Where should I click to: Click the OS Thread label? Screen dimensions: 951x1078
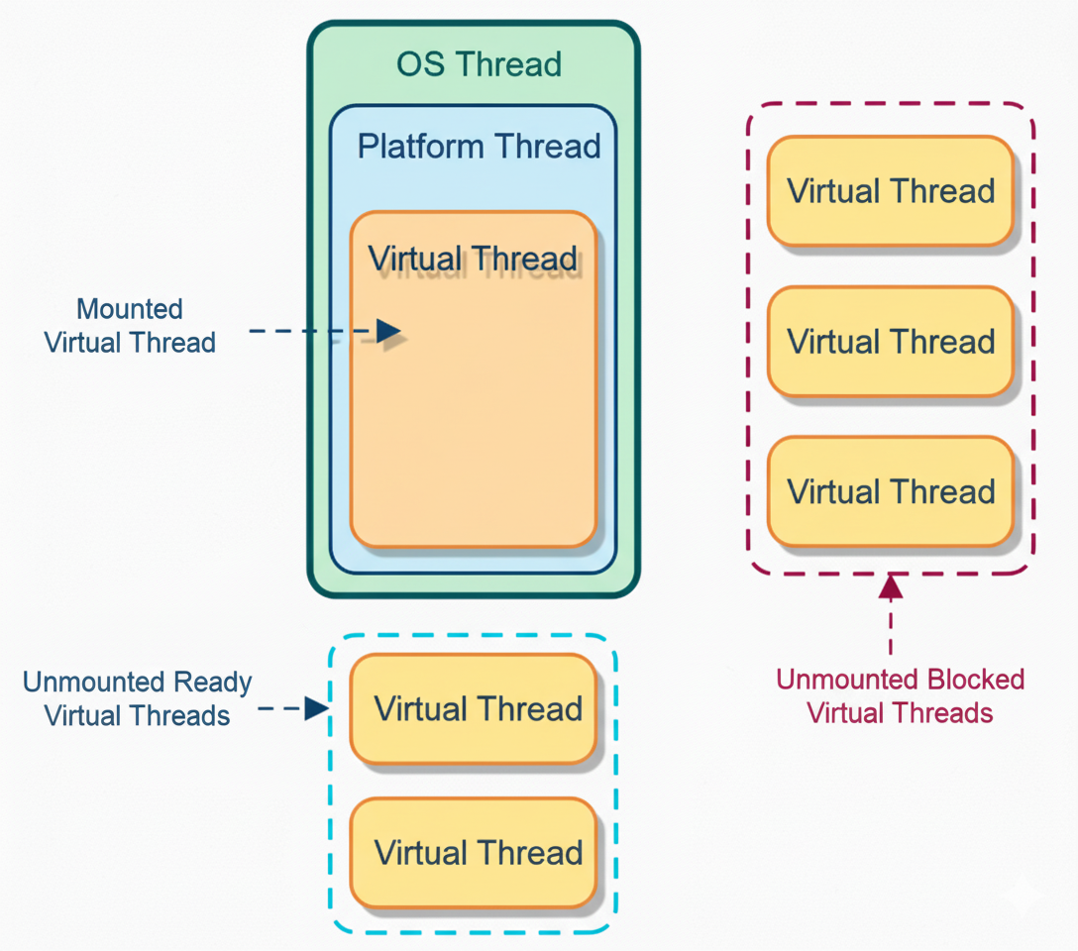(x=479, y=64)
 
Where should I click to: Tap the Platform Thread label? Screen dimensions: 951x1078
(x=479, y=147)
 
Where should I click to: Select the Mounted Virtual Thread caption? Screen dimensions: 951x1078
(x=130, y=326)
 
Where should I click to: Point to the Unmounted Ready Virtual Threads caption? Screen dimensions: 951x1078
(x=138, y=698)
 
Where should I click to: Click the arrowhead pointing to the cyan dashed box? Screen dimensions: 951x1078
(x=316, y=708)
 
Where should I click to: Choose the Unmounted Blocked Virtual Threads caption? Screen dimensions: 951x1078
(x=900, y=695)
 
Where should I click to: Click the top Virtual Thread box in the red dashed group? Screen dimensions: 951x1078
(x=891, y=191)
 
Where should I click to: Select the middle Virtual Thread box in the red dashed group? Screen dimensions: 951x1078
(x=891, y=342)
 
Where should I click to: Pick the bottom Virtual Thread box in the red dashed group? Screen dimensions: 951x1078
(x=891, y=492)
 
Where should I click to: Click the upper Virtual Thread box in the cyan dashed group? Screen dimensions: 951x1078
(x=474, y=708)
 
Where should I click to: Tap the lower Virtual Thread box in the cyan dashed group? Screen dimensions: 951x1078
(x=474, y=853)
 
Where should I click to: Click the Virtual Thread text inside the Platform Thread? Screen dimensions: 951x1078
(x=473, y=260)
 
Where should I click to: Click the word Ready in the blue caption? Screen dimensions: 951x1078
(x=213, y=683)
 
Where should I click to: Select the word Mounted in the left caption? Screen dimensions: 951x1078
(x=130, y=309)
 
